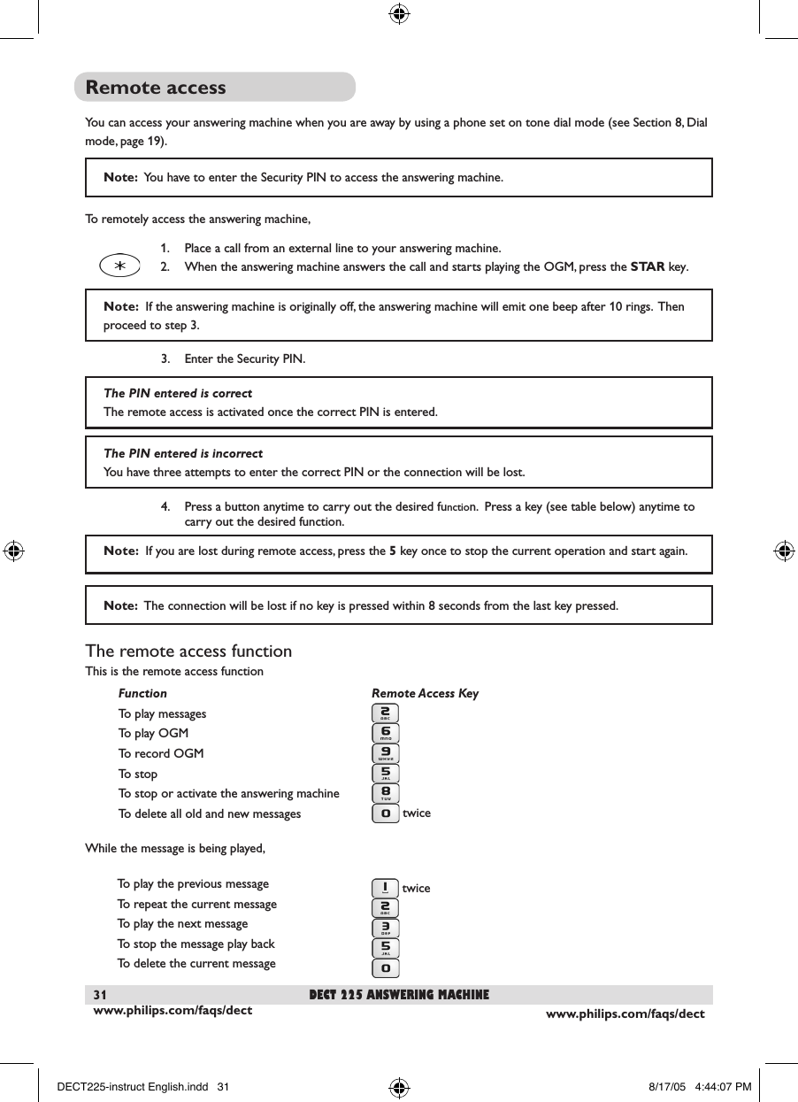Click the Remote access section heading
[156, 88]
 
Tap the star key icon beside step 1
[119, 265]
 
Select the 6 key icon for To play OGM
[386, 734]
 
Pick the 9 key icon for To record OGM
[386, 753]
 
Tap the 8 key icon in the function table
[386, 793]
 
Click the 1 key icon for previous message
[386, 887]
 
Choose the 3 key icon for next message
[386, 927]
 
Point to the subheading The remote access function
[188, 651]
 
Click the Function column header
[142, 694]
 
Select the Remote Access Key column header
[425, 694]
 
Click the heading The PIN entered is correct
[178, 393]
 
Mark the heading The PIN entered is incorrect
[183, 453]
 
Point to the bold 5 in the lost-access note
[393, 551]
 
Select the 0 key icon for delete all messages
[386, 813]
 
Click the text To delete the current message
[196, 964]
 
